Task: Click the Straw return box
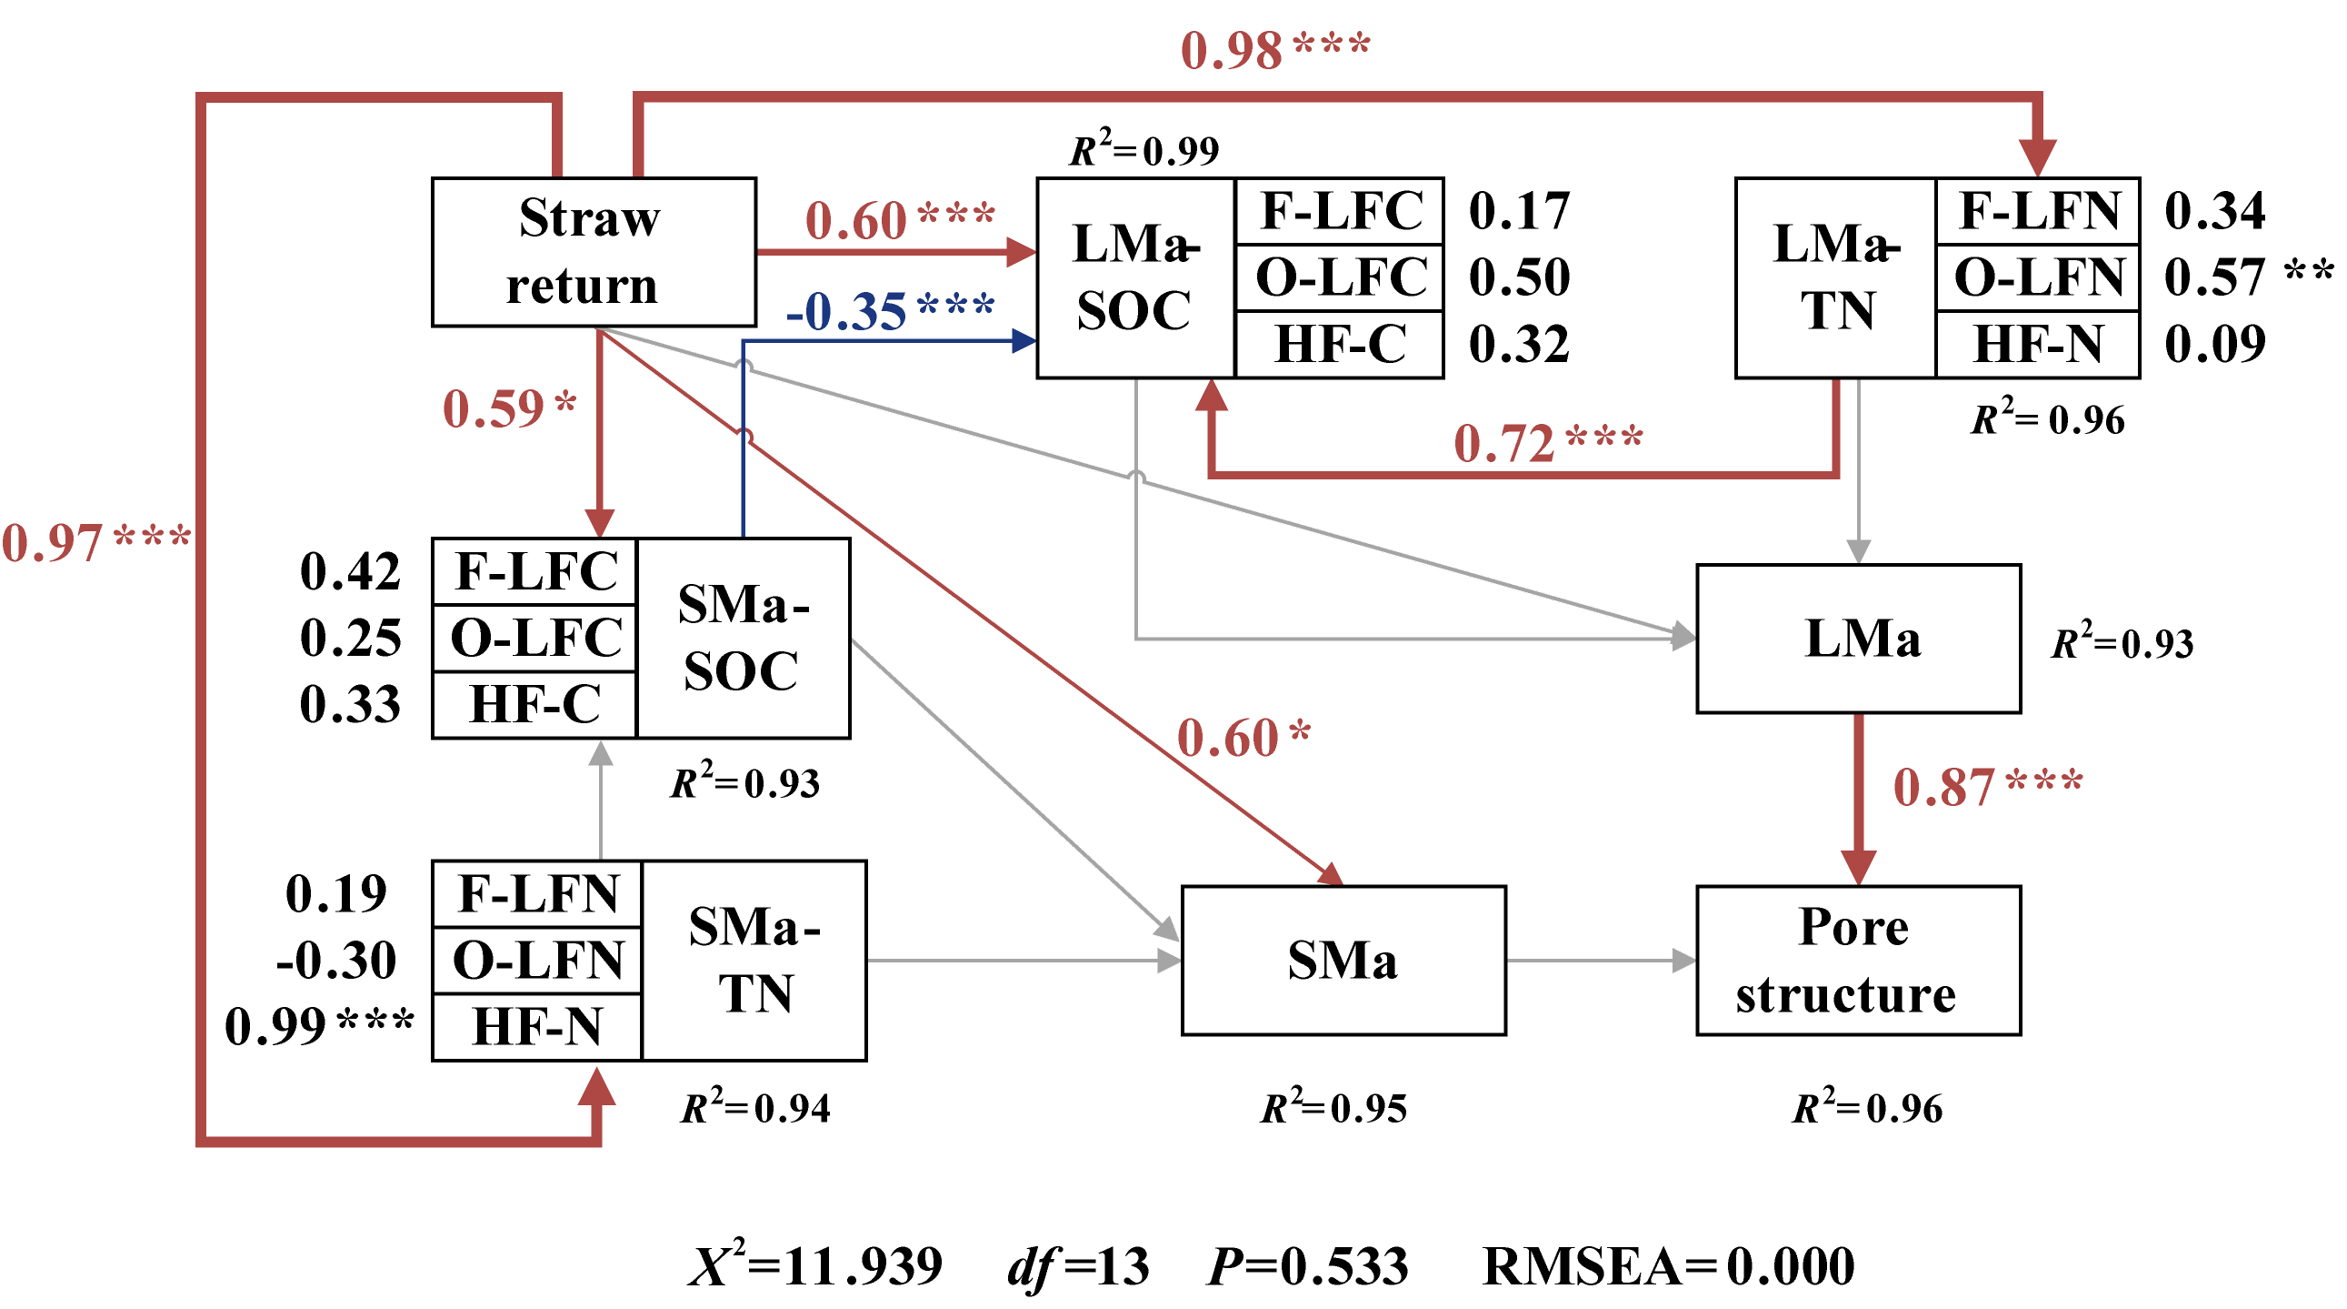click(594, 252)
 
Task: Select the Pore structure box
click(1858, 960)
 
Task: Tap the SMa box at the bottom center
click(1343, 960)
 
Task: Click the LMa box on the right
click(1858, 638)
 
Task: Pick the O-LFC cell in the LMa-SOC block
click(1339, 277)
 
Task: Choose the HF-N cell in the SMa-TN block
click(536, 1026)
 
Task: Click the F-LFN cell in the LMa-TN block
click(2037, 210)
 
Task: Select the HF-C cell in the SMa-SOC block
click(534, 704)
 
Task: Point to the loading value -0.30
click(336, 960)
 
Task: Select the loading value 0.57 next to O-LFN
click(2214, 277)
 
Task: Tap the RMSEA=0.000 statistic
click(1667, 1265)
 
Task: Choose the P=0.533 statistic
click(1307, 1265)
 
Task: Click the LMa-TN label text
click(1835, 277)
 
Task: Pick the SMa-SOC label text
click(743, 637)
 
